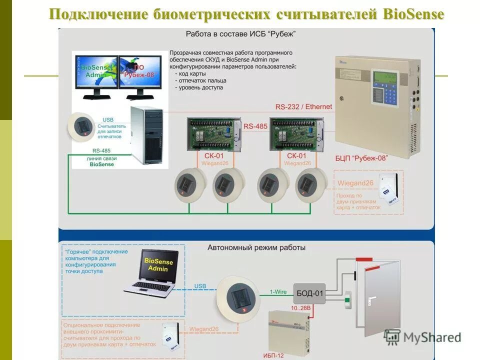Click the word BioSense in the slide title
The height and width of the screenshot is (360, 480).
(x=413, y=14)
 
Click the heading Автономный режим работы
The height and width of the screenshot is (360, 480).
(x=256, y=247)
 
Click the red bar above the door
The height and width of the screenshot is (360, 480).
(x=364, y=259)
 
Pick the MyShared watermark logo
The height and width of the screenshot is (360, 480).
(x=422, y=337)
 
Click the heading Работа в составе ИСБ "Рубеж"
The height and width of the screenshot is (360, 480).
(x=240, y=34)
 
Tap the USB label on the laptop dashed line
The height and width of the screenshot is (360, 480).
(x=200, y=286)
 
